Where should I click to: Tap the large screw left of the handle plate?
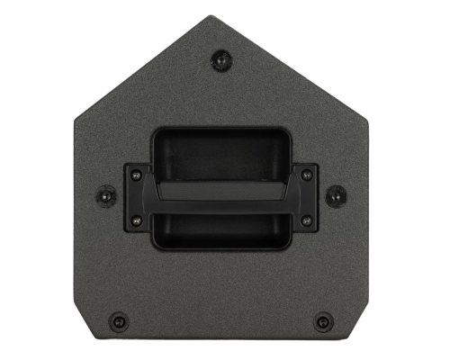[106, 193]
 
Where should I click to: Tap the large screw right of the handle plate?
[334, 193]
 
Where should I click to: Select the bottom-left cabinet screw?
[117, 321]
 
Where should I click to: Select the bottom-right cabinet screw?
[322, 321]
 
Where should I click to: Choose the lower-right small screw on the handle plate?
[305, 220]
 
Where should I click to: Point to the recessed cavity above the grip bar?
[220, 153]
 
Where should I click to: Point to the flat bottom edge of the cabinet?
[220, 347]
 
